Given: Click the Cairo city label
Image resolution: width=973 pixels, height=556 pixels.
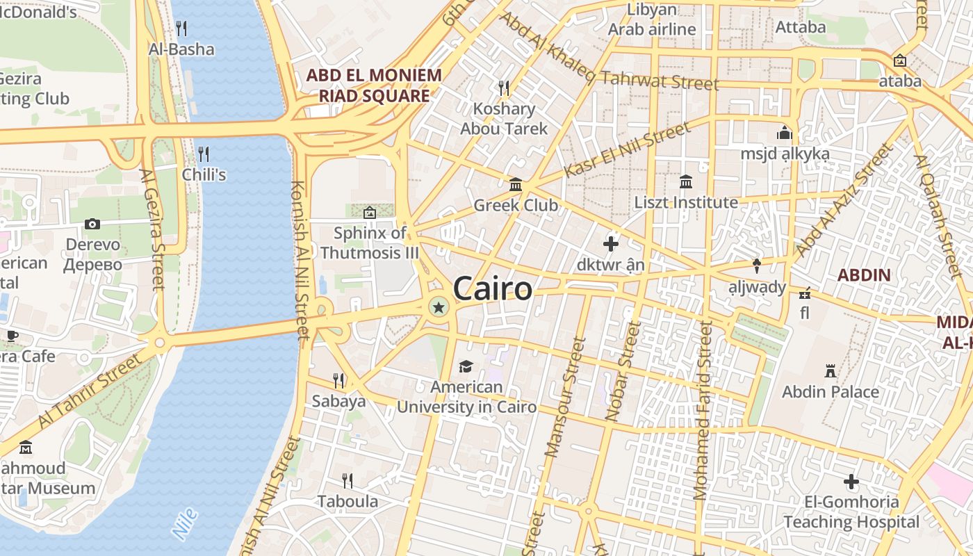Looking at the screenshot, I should tap(493, 288).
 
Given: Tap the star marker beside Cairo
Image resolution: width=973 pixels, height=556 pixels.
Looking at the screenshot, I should tap(439, 307).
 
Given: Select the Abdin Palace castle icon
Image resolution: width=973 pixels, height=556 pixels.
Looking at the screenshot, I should tap(830, 370).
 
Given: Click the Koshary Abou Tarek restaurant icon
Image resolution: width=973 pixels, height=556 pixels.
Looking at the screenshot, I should tap(504, 88).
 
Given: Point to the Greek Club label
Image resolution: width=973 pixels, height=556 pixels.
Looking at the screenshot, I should tap(516, 205).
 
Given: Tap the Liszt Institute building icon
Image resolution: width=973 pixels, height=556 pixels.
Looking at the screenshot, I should tap(686, 182).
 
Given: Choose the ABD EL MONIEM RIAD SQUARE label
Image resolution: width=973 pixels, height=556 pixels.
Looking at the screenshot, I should tap(374, 85).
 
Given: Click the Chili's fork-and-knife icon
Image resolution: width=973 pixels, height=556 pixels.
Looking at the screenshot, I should tap(204, 154).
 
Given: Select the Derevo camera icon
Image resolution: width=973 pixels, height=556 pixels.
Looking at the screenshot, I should tap(92, 224).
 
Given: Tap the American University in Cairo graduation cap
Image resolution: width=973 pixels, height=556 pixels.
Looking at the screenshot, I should tap(466, 366).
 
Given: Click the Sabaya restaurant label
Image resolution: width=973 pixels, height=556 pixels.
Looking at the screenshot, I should tap(338, 401).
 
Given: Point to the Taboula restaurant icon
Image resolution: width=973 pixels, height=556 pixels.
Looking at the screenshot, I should tap(347, 480).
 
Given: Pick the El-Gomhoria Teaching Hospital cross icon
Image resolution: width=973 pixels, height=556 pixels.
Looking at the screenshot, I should tap(851, 481).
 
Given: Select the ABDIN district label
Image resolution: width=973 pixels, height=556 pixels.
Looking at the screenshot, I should tap(864, 275).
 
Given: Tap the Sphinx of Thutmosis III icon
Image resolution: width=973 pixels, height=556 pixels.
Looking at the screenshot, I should tap(369, 212).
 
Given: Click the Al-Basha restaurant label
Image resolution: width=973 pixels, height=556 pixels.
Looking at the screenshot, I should tap(181, 49).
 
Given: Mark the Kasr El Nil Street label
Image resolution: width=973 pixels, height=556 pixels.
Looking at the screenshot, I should tap(627, 149).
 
